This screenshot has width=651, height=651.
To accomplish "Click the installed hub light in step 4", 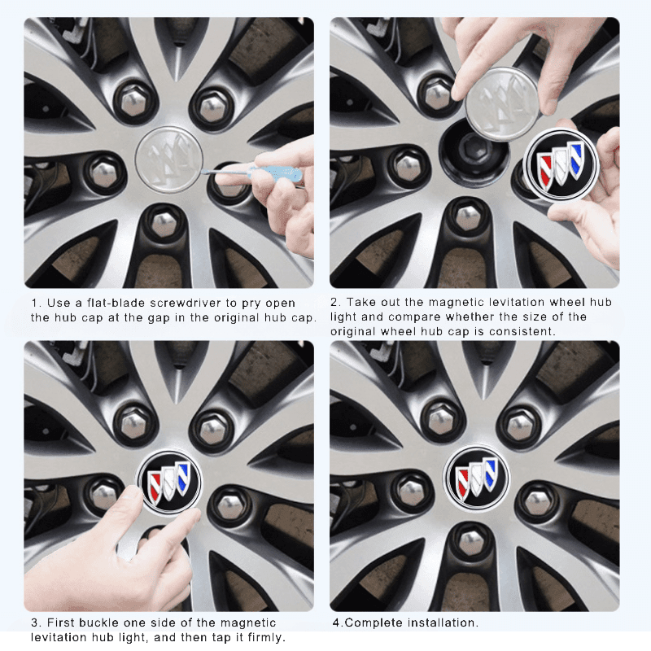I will click(x=476, y=478).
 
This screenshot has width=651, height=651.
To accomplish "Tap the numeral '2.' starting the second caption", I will click(x=336, y=303).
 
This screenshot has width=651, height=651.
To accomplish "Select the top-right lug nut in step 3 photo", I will click(x=213, y=426).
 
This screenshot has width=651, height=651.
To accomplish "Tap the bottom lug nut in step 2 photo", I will click(x=468, y=218).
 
